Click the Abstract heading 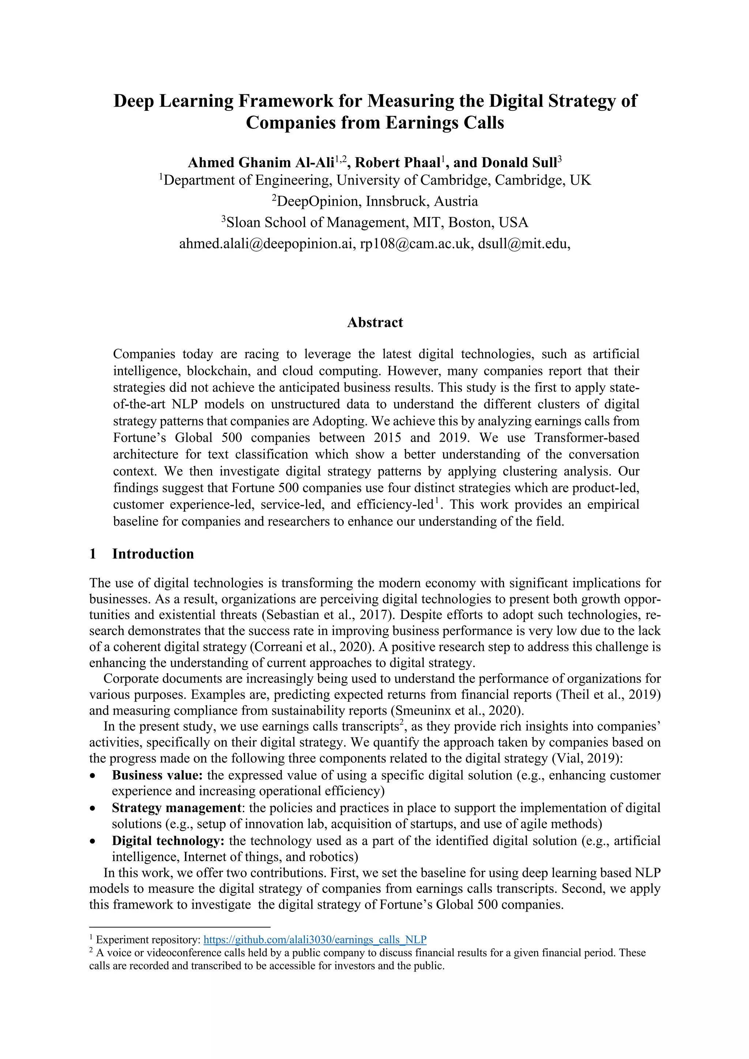tap(374, 322)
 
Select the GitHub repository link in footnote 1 tap(315, 939)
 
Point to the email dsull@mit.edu tap(523, 244)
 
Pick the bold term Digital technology tap(168, 840)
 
